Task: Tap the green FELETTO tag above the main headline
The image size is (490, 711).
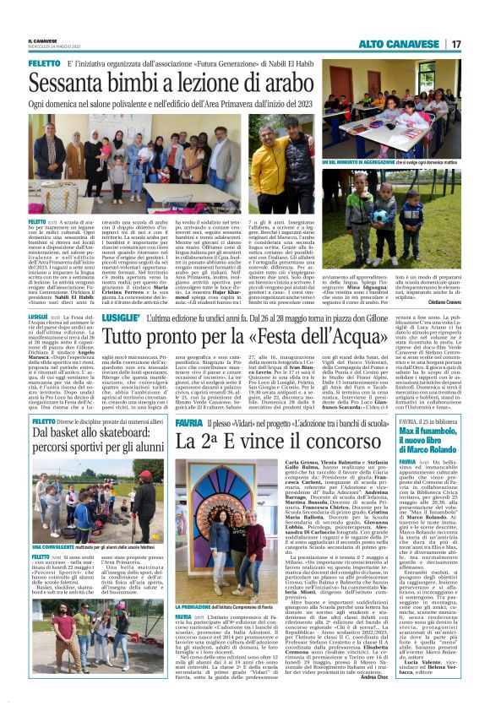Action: [x=44, y=63]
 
